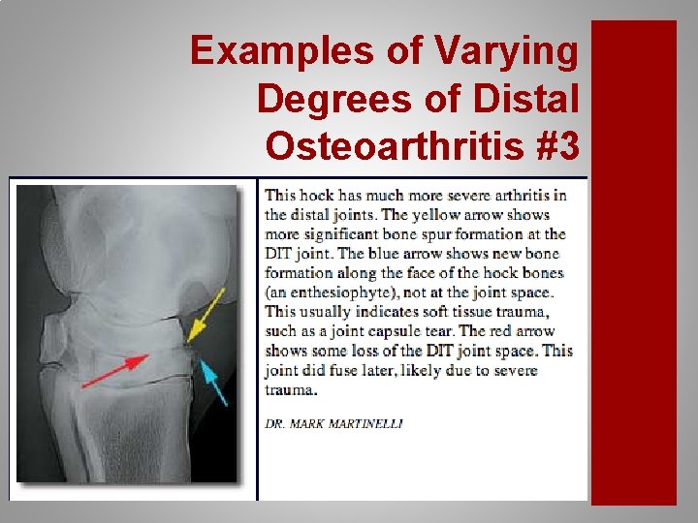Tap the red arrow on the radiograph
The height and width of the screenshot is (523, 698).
(114, 371)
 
